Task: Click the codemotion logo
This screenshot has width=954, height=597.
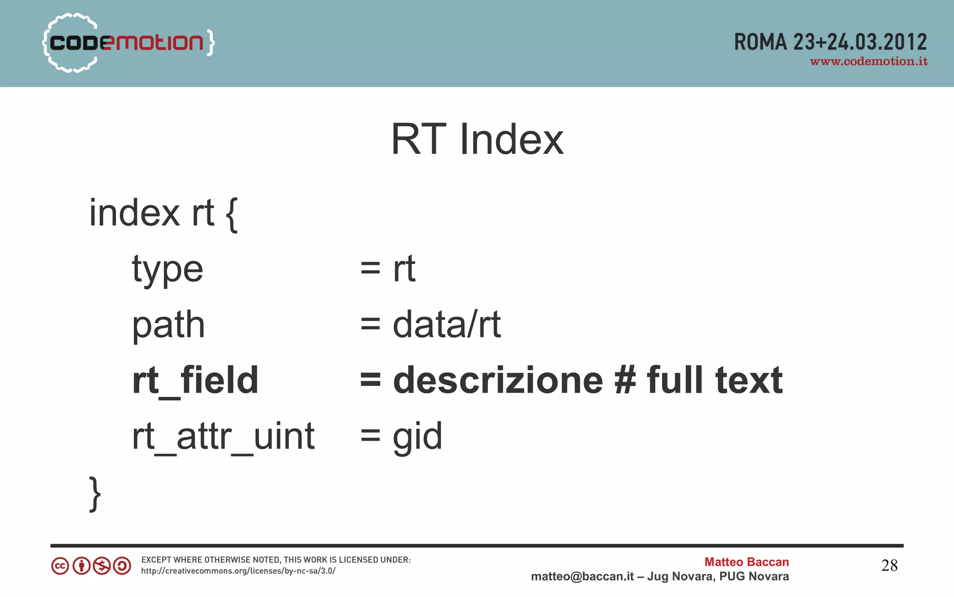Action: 128,43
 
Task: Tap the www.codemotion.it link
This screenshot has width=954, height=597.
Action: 869,62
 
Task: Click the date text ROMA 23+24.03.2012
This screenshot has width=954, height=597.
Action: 830,42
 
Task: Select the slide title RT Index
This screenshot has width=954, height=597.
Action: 477,139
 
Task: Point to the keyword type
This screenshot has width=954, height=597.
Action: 168,269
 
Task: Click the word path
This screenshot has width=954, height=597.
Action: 168,325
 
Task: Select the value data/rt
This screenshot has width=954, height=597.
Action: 447,324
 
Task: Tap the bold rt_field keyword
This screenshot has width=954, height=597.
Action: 195,381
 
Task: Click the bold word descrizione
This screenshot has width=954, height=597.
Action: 498,380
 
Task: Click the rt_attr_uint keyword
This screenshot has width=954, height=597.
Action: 223,437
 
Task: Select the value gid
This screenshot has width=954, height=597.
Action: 417,437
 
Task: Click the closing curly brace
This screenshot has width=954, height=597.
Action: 95,494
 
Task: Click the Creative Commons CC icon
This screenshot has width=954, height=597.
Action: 60,566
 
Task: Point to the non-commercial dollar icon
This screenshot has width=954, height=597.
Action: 102,566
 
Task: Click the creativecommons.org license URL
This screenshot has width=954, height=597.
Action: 238,571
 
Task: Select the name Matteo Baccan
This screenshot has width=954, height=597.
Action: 746,562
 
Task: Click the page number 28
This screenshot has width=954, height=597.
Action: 889,566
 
